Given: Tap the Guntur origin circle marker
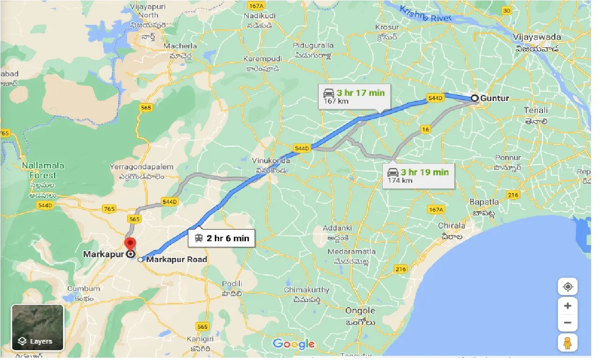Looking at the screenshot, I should (x=474, y=98).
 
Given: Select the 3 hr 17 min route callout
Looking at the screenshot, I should (x=354, y=97).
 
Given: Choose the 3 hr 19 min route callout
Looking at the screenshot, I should (x=418, y=176).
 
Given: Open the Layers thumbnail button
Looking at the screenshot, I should (x=37, y=327).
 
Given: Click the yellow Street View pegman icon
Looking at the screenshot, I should (x=568, y=343).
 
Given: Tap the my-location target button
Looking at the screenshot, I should (x=568, y=287).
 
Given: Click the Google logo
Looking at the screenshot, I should (x=293, y=345).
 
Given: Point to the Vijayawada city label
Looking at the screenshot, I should (x=536, y=37).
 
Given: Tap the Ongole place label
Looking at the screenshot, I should (x=360, y=310).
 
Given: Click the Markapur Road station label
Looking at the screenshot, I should (x=177, y=259).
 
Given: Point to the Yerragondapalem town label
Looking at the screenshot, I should (x=141, y=167).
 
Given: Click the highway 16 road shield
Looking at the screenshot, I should (x=425, y=130).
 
